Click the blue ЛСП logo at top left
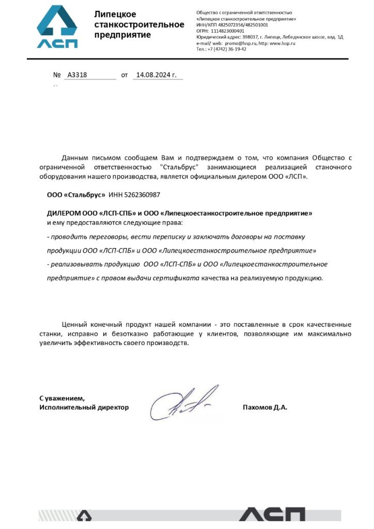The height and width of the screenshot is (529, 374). coord(57,27)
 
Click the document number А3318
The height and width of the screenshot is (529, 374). coord(77,75)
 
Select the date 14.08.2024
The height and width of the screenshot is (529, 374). coord(153,75)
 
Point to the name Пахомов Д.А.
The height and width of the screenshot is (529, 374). coord(264,407)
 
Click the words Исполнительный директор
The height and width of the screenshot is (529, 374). coord(84,407)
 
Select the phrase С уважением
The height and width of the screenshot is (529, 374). coord(61,398)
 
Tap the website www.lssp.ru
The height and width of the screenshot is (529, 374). coord(282,43)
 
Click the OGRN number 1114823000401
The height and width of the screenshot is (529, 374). coord(228,31)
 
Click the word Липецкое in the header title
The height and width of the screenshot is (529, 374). coord(115,14)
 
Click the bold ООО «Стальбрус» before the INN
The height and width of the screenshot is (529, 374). coord(76,195)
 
